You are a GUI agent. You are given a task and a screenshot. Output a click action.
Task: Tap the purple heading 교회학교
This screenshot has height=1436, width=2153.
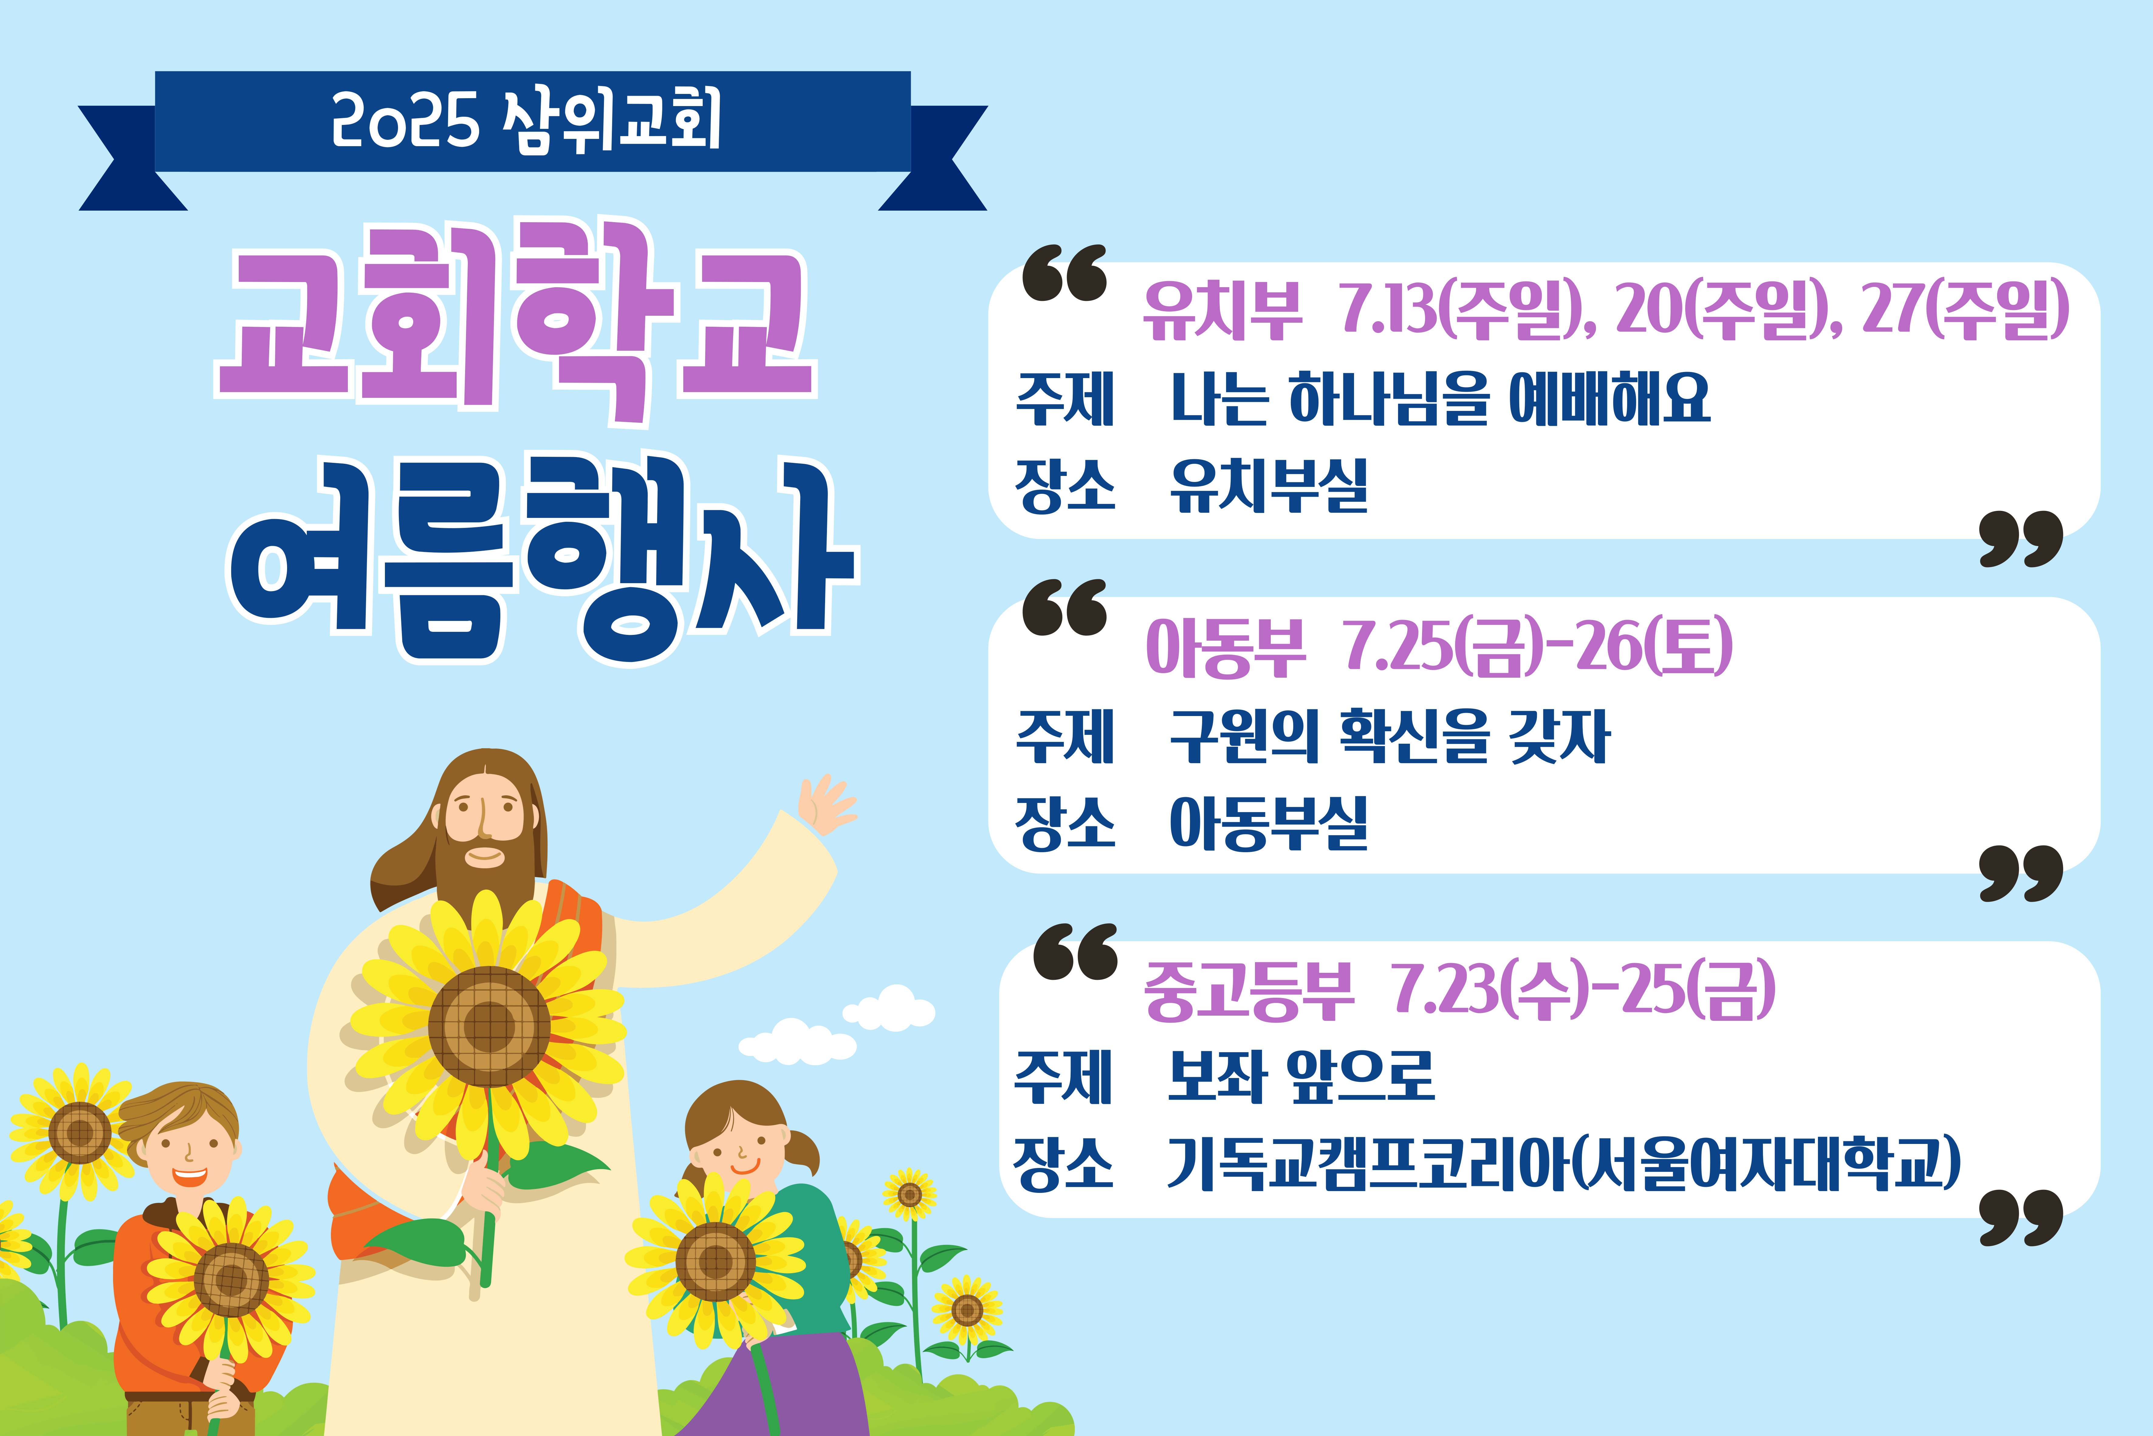[515, 321]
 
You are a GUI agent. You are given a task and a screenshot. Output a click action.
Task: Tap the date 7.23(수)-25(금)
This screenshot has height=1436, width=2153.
[1584, 990]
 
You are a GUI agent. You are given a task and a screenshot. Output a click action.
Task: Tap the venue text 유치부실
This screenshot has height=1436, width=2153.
[1269, 485]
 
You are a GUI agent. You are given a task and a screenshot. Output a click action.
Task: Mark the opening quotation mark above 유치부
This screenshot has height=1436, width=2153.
[1065, 273]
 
